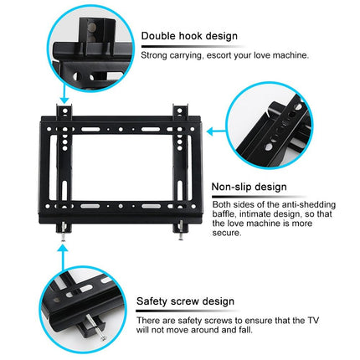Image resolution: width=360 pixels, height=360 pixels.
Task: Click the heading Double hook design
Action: (189, 36)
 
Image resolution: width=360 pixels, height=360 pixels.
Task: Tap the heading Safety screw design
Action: (185, 301)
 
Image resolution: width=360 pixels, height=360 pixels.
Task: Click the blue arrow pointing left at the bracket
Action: (215, 131)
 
